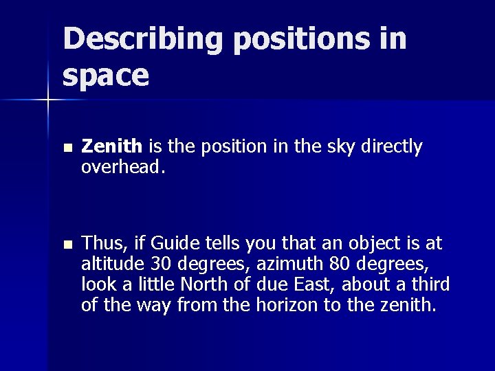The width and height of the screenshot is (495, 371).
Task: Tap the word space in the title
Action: click(105, 76)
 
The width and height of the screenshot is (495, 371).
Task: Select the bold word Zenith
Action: click(111, 146)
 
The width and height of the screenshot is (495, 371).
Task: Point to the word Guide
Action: click(173, 244)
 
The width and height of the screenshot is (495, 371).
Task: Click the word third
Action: click(431, 284)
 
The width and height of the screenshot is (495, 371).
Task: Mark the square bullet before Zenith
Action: click(66, 148)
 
